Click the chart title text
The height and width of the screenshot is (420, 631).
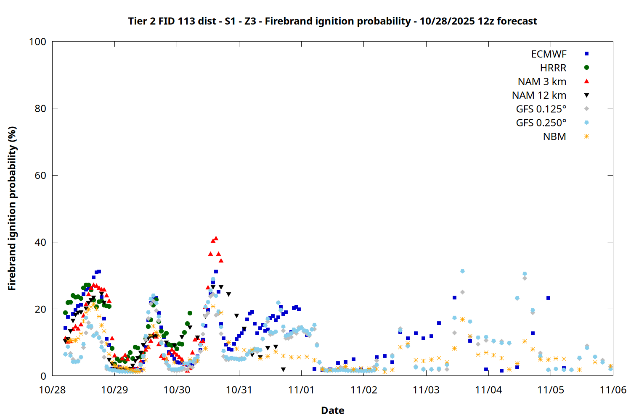coord(332,21)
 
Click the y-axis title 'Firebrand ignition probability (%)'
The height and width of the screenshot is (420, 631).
coord(12,208)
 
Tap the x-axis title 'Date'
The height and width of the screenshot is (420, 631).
coord(332,410)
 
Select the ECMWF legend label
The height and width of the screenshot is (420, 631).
coord(549,54)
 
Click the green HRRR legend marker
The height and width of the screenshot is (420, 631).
coord(586,68)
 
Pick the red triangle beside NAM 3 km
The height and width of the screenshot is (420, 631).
coord(586,81)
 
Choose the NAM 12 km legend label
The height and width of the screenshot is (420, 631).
coord(539,95)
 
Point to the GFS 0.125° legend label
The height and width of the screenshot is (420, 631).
coord(541,109)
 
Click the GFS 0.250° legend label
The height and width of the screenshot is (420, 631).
coord(541,123)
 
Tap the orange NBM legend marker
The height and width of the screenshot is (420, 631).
coord(586,136)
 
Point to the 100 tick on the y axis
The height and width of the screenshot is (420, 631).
coord(37,42)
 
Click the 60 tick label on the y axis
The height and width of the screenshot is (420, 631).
coord(40,175)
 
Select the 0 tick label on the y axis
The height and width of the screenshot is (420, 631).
coord(43,376)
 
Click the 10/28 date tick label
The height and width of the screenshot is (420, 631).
coord(52,390)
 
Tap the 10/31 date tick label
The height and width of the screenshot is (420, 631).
coord(239,390)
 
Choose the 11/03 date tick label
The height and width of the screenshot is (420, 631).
coord(426,390)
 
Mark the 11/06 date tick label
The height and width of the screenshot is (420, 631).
coord(613,390)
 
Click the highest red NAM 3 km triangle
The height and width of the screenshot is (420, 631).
coord(216,238)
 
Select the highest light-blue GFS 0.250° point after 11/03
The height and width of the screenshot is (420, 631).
coord(462,271)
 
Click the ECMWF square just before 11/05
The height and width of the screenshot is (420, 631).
coord(548,298)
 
